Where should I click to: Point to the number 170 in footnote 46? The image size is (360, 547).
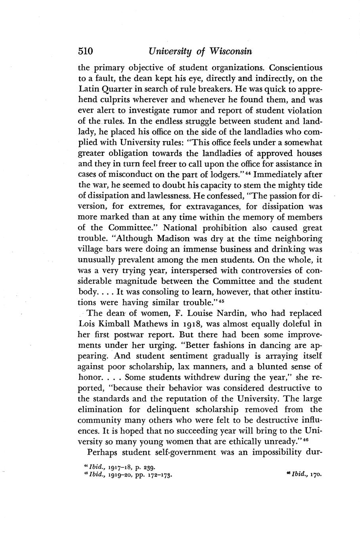click(x=314, y=473)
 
